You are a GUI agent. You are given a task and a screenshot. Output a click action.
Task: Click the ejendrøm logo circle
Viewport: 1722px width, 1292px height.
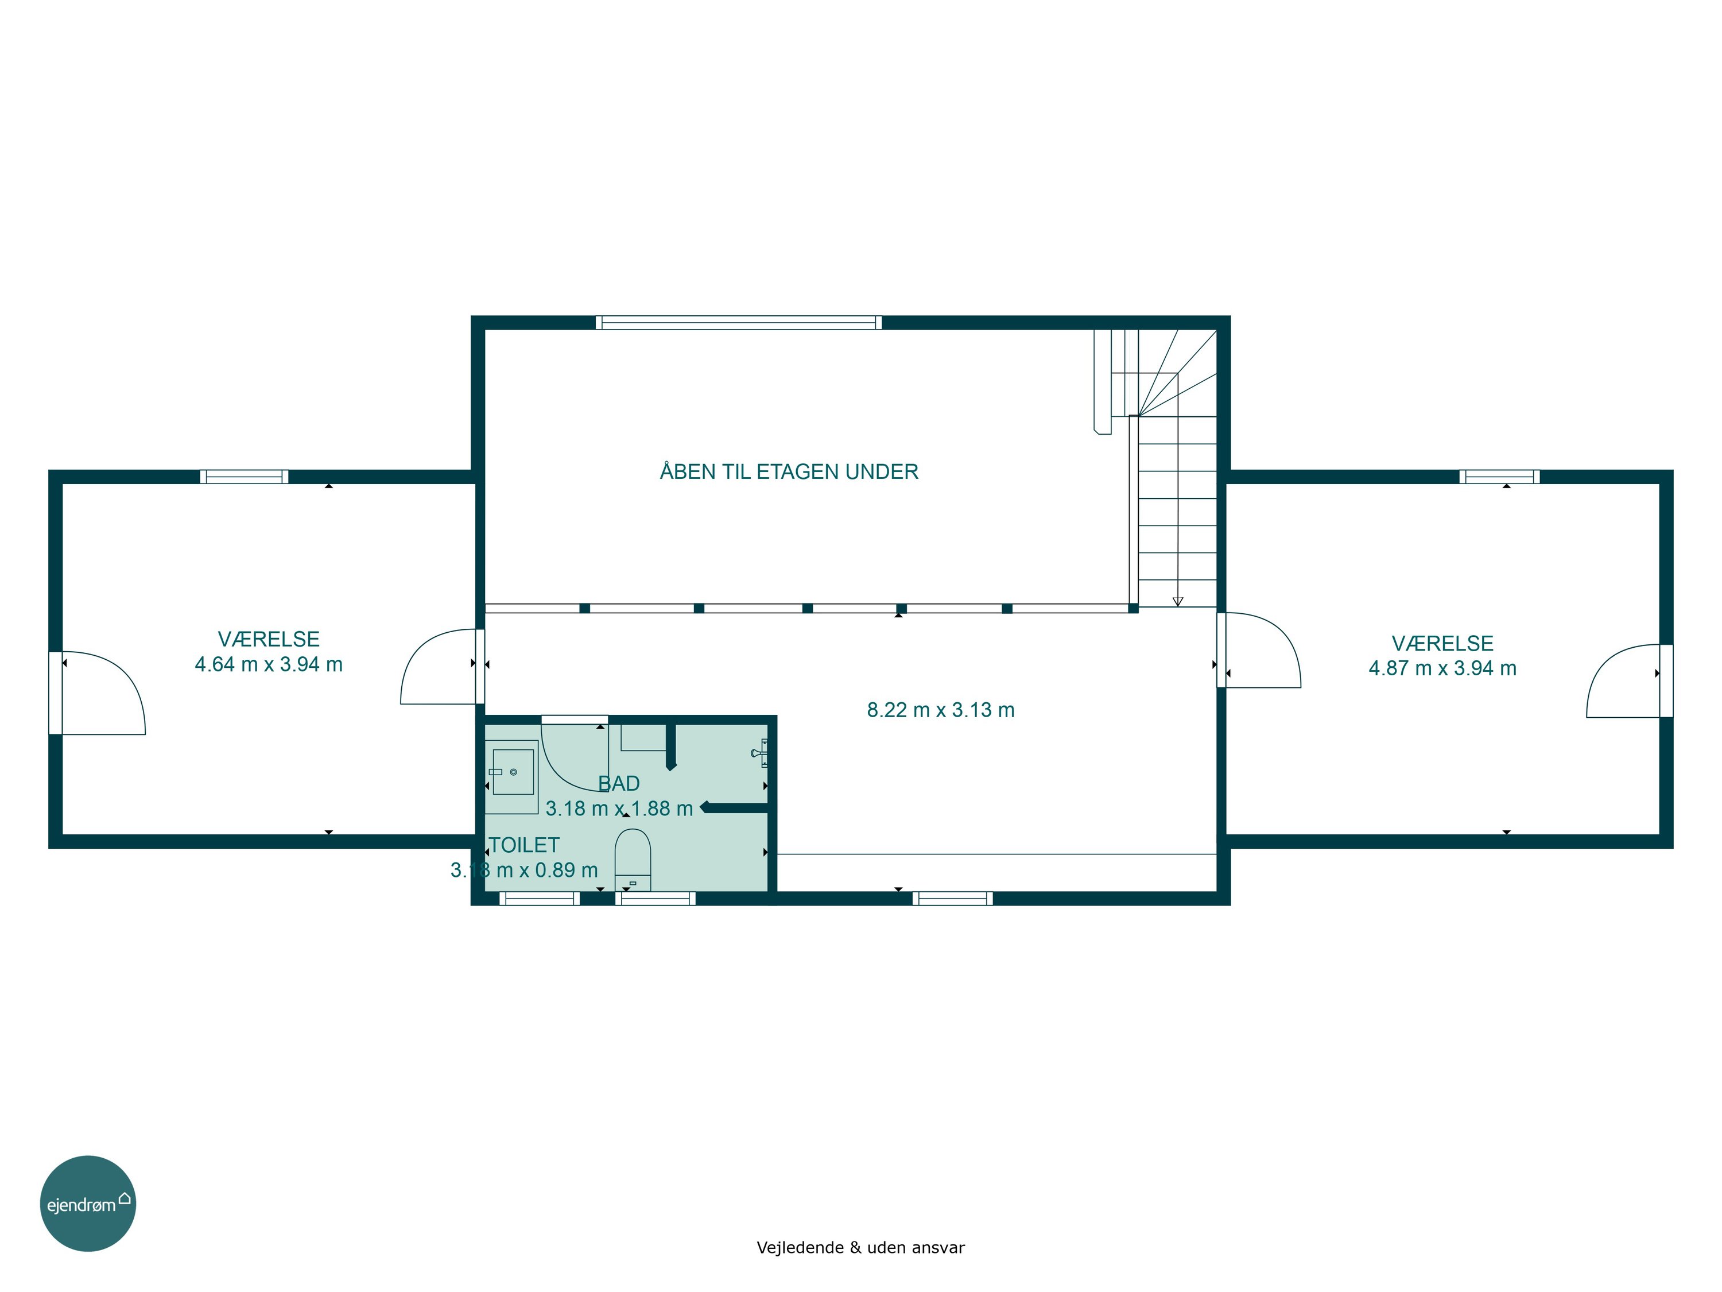pyautogui.click(x=88, y=1203)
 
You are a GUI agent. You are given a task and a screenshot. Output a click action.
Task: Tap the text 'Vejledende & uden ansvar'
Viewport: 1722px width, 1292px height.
pyautogui.click(x=860, y=1248)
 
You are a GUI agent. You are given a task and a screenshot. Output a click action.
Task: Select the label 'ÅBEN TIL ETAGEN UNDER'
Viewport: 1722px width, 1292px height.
pyautogui.click(x=789, y=471)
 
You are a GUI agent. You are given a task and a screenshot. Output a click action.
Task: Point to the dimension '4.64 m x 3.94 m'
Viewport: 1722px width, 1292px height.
pyautogui.click(x=269, y=664)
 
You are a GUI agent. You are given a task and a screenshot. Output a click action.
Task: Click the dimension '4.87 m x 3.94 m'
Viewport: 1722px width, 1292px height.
pyautogui.click(x=1442, y=668)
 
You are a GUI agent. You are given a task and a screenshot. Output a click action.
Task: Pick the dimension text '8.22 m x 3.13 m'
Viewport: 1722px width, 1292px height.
pyautogui.click(x=940, y=710)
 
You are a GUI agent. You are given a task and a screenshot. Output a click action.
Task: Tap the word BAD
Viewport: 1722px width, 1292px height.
pyautogui.click(x=619, y=783)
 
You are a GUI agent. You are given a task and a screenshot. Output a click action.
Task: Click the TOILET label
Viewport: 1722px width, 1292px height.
pyautogui.click(x=524, y=845)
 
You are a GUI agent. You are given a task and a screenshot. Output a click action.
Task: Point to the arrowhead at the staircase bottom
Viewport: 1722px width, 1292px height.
pyautogui.click(x=1178, y=601)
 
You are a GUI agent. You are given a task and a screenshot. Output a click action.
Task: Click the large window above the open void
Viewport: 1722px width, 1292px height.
pyautogui.click(x=739, y=322)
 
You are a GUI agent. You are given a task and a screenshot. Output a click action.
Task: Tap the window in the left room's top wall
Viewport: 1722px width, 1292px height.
pyautogui.click(x=245, y=477)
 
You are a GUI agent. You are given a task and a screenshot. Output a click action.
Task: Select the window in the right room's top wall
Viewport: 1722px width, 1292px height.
pyautogui.click(x=1499, y=477)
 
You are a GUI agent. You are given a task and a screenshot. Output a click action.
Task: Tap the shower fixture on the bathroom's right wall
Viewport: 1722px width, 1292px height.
pyautogui.click(x=761, y=753)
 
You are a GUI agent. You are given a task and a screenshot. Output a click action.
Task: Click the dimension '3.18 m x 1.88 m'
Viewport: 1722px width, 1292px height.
pyautogui.click(x=619, y=809)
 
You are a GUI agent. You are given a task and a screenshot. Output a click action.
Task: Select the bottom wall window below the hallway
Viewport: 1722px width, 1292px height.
pyautogui.click(x=953, y=899)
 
